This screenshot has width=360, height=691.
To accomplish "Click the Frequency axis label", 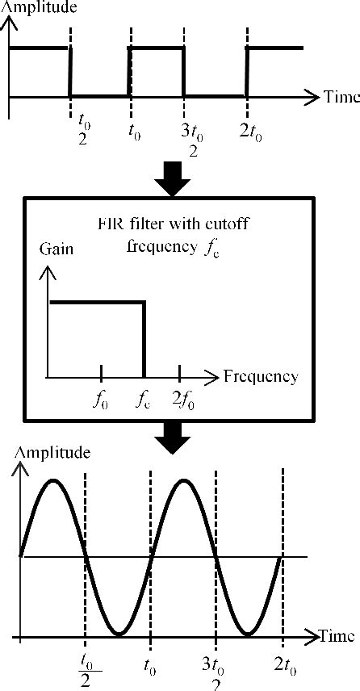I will [x=260, y=376].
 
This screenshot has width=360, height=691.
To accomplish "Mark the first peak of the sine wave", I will [x=53, y=481].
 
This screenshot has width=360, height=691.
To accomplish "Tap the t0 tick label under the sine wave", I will [x=150, y=668].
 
